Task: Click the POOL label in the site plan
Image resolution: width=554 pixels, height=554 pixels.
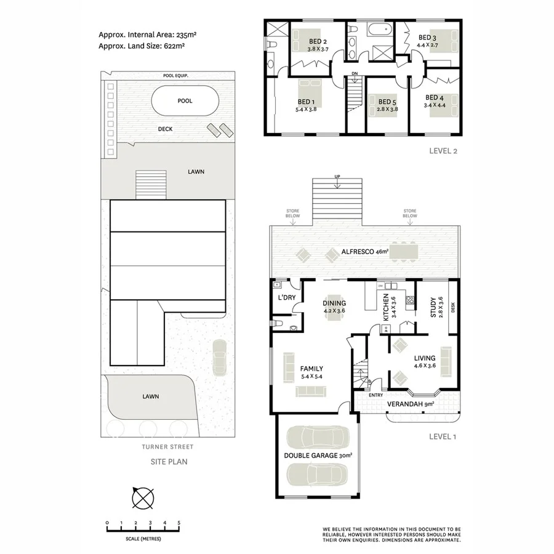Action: pos(184,101)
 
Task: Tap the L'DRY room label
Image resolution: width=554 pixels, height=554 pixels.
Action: pos(287,297)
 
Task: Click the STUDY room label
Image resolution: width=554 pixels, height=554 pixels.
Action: pos(433,305)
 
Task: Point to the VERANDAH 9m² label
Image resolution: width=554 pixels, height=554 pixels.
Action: pos(410,404)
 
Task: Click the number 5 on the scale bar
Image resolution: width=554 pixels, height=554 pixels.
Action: pos(179,523)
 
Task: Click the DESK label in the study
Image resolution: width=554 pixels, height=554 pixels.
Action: pos(453,306)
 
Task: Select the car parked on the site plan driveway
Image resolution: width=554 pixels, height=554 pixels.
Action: pos(219,356)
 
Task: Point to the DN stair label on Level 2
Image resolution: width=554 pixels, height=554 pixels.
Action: pos(355,74)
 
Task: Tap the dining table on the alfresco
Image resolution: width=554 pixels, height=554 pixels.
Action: pos(404,252)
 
